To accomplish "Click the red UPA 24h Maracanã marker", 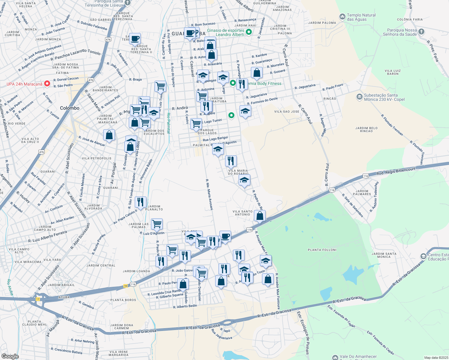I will click(47, 84).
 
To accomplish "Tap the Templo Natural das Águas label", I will click(361, 17).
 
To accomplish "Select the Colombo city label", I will click(70, 108).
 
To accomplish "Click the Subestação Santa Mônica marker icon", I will click(359, 97).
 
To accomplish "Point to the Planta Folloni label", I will click(322, 250).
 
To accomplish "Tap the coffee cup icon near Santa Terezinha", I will click(135, 39).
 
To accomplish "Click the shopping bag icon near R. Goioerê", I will click(257, 73).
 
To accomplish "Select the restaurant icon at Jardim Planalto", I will click(140, 202).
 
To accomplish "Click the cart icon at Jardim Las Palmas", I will click(157, 224).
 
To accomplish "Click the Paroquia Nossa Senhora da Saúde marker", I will click(421, 31).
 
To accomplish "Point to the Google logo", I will click(10, 356).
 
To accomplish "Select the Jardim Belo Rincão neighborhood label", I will click(366, 129).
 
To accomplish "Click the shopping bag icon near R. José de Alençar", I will click(109, 135).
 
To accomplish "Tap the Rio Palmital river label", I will click(168, 123).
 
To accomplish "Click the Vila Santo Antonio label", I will click(243, 213).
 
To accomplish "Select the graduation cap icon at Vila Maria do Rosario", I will click(244, 180).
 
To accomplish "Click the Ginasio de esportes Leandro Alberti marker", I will click(249, 32).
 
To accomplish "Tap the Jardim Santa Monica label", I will click(384, 255).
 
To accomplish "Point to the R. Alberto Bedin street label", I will click(185, 306).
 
